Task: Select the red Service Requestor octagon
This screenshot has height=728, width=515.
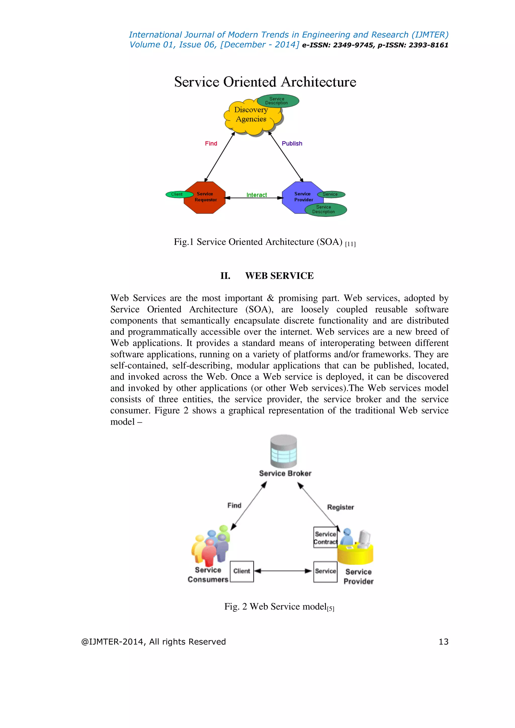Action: coord(205,197)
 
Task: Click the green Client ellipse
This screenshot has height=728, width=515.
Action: coord(178,194)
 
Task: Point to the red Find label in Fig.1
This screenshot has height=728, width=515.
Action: coord(211,144)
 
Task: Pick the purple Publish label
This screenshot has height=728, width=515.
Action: coord(292,144)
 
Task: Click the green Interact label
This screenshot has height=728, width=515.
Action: coord(256,195)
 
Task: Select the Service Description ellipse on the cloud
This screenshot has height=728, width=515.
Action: coord(278,101)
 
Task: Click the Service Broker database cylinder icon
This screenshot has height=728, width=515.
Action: coord(283,451)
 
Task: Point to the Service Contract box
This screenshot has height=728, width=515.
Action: coord(325,538)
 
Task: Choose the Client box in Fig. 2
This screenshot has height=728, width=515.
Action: coord(242,571)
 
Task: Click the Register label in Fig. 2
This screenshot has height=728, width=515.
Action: coord(340,507)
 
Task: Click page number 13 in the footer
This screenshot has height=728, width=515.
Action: coord(443,642)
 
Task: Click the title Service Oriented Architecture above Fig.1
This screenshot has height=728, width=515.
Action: coord(265,82)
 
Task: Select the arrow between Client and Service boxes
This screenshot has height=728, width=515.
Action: coord(283,571)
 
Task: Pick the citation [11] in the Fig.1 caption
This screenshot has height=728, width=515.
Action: coord(350,244)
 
